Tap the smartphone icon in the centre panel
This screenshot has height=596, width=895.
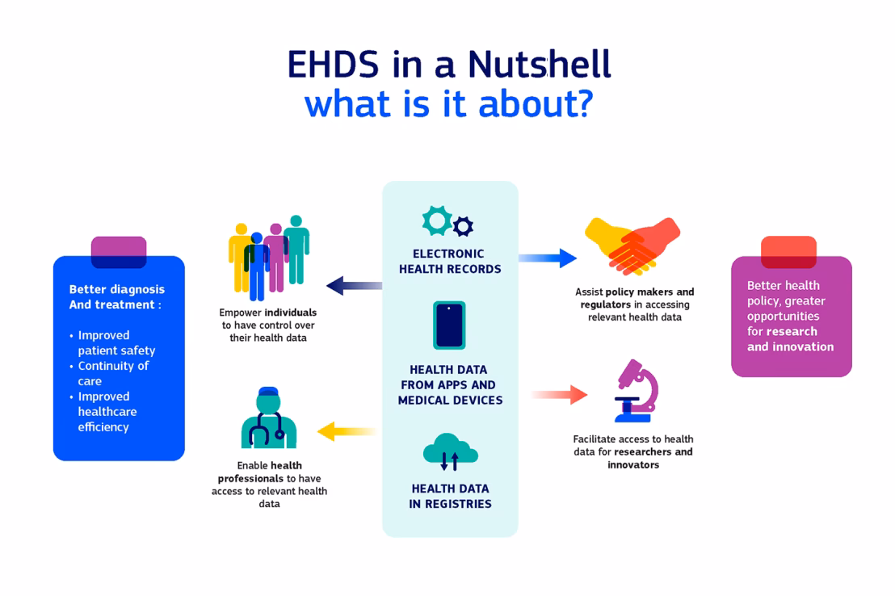point(449,325)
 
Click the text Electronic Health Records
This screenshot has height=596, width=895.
point(450,261)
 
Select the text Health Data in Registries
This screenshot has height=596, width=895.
point(450,496)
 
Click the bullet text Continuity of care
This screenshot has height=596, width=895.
point(112,373)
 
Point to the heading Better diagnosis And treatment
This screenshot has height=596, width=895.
point(116,296)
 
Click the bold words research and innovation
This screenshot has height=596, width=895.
point(789,339)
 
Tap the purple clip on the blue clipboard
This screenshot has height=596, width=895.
point(119,252)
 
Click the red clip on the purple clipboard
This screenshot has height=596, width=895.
point(788,252)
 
